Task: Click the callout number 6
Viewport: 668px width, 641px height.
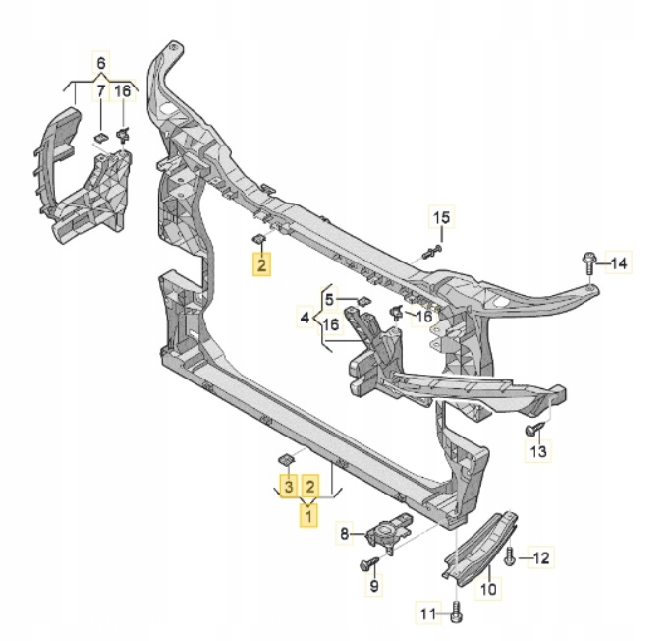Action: [101, 63]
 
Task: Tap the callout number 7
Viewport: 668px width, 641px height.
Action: [100, 90]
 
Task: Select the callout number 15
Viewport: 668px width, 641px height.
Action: [441, 217]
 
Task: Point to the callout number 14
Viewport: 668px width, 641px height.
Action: [619, 263]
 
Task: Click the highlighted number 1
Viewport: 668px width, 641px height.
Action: [308, 516]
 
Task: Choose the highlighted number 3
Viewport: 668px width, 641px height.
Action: [289, 487]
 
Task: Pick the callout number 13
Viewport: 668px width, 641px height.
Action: [539, 451]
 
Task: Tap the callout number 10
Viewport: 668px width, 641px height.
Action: [488, 589]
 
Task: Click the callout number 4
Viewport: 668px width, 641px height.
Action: [305, 318]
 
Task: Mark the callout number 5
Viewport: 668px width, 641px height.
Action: [329, 300]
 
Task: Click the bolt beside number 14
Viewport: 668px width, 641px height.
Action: [587, 264]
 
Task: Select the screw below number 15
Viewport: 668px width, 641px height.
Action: [432, 252]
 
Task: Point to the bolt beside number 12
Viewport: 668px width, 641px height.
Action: [510, 557]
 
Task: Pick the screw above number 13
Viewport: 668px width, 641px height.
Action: [535, 429]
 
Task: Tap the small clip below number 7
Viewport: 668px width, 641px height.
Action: [101, 138]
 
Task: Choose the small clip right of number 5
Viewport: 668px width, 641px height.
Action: [363, 300]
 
